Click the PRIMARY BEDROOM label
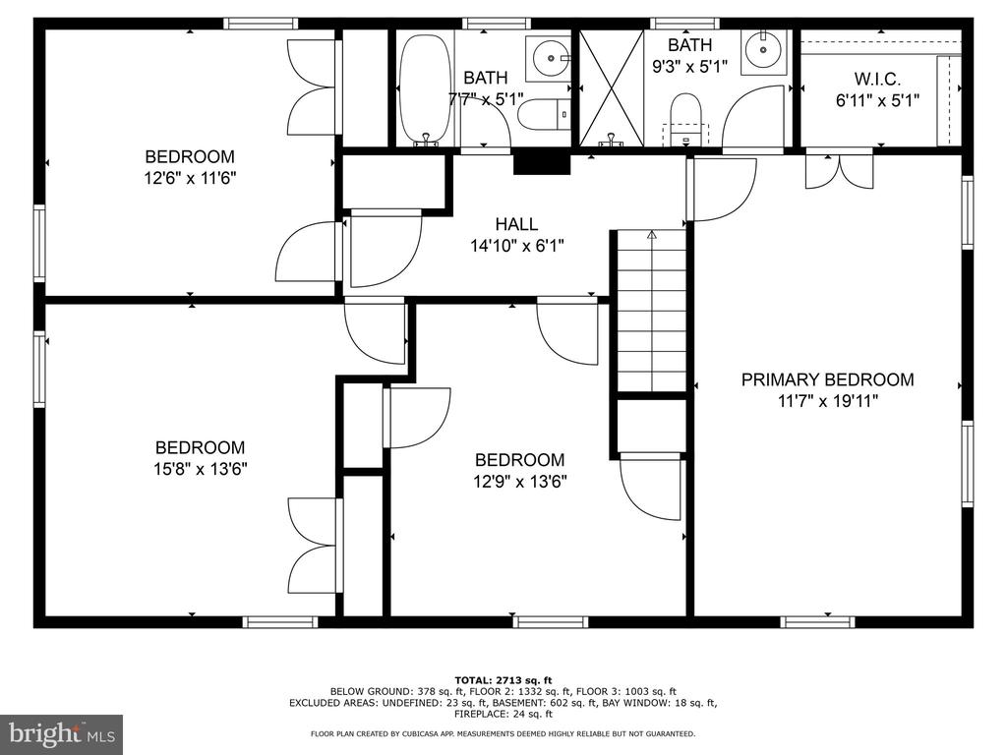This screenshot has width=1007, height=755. click(827, 379)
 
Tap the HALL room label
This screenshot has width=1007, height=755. click(516, 224)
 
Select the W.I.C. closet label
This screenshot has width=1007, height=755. click(877, 79)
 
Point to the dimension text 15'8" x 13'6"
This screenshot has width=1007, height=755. click(201, 469)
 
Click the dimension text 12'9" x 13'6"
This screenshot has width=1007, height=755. click(520, 481)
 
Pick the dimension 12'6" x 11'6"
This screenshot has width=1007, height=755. click(190, 178)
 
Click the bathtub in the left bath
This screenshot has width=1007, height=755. click(425, 88)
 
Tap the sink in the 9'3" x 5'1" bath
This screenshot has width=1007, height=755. click(763, 50)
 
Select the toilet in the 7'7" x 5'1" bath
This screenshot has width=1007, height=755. click(543, 115)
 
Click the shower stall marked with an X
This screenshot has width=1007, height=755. click(612, 88)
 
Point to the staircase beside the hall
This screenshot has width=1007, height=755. click(652, 311)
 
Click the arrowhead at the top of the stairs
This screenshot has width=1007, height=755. click(652, 235)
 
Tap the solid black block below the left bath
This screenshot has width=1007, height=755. click(542, 161)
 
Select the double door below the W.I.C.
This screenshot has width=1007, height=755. click(840, 170)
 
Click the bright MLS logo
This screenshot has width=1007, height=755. click(62, 733)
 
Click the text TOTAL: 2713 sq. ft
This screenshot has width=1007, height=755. click(503, 680)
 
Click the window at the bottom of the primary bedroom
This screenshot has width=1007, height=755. click(817, 621)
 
